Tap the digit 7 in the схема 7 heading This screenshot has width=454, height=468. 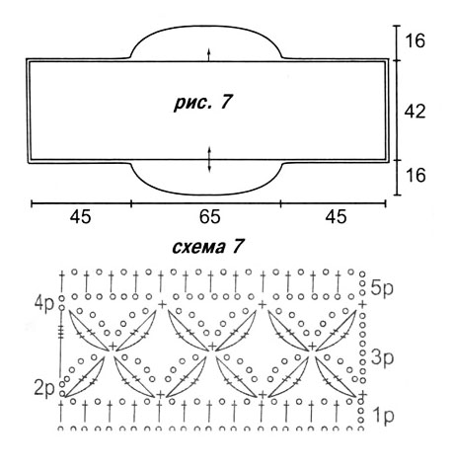point(238,246)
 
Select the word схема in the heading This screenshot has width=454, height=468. point(198,248)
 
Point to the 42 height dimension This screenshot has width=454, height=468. point(415,112)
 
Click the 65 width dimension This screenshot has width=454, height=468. point(209,217)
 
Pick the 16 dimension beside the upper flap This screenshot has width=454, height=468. point(416,40)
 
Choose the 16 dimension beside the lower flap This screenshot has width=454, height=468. point(416,175)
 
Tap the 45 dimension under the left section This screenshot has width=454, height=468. point(80,217)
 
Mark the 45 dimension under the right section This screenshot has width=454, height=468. point(336,217)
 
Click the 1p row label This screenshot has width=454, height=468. point(383,416)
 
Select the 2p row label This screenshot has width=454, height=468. point(44,389)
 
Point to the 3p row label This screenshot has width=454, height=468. point(382,357)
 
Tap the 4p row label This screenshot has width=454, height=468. point(44,304)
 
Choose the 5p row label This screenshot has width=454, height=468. point(382,288)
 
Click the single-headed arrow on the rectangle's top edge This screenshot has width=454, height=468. point(208,54)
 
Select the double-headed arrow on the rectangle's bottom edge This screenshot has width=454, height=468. point(209,160)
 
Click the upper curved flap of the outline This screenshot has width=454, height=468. point(206,26)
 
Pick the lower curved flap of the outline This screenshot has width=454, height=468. point(207,195)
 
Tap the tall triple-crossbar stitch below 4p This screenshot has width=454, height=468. point(61,343)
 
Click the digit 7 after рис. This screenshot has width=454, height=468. point(226,102)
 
